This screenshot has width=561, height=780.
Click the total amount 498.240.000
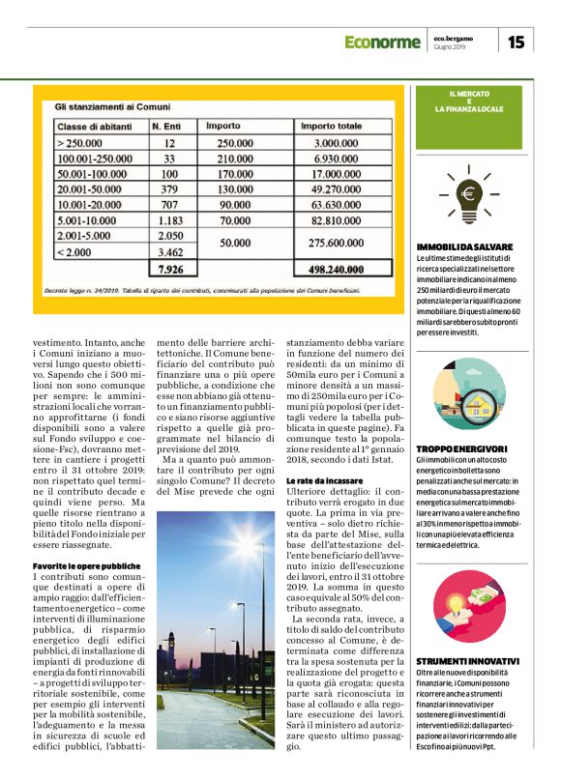(334, 268)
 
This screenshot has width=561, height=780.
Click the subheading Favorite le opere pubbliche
(87, 564)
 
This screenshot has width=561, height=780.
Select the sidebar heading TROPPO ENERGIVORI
(461, 449)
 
